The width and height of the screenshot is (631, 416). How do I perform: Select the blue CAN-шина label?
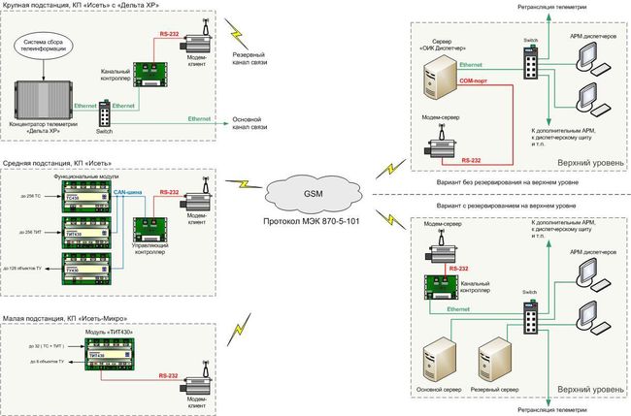pyautogui.click(x=129, y=192)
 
